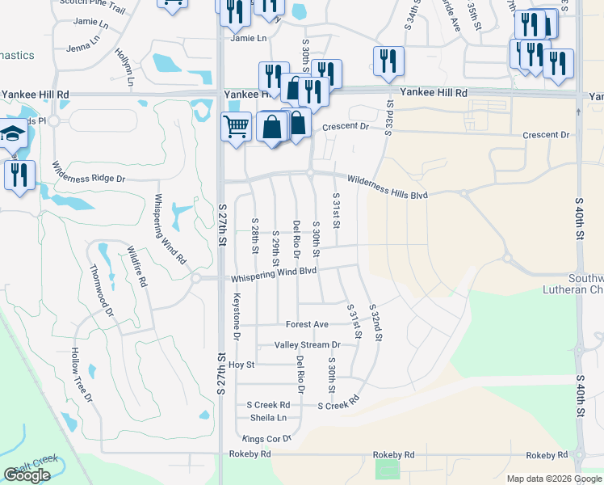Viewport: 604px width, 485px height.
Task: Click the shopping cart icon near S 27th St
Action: (236, 127)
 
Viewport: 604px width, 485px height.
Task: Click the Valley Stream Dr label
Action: (307, 344)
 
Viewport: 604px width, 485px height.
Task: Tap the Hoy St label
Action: (241, 365)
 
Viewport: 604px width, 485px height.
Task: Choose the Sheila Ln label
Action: (268, 418)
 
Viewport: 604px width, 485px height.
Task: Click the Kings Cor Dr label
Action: (266, 439)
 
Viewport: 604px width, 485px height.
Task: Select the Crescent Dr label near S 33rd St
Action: (345, 127)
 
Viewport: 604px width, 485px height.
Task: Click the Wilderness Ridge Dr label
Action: (89, 171)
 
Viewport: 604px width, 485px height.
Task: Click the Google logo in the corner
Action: (27, 475)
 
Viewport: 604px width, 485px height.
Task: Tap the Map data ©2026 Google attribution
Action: (554, 479)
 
